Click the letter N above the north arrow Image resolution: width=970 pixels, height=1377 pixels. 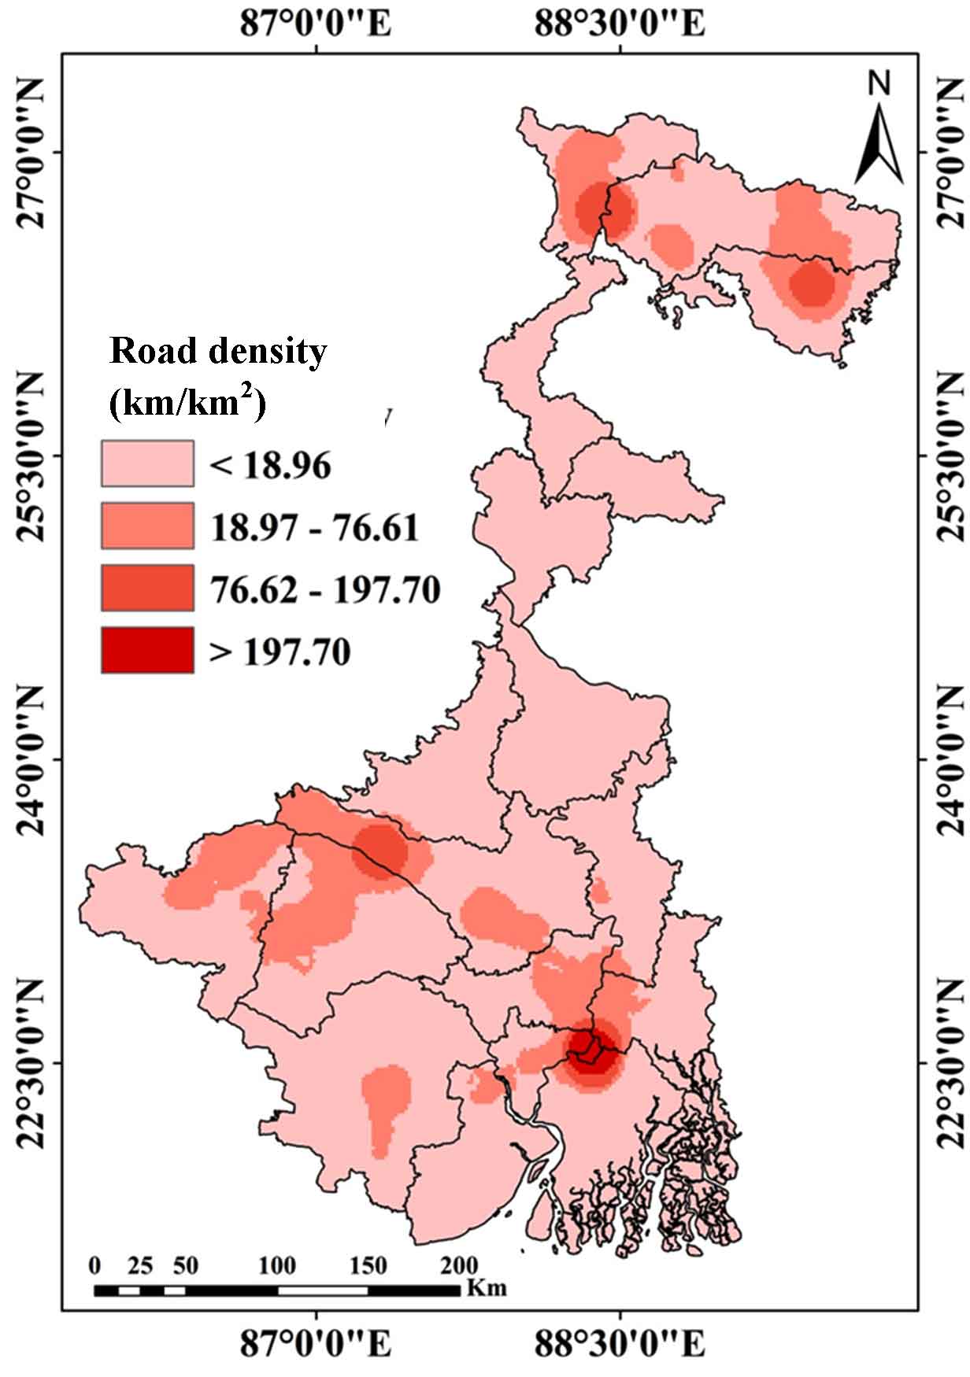tap(879, 83)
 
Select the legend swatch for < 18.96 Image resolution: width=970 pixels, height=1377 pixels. tap(147, 463)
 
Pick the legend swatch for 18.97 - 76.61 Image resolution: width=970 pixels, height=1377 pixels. tap(147, 526)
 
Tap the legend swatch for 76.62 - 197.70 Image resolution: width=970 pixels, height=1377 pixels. tap(147, 588)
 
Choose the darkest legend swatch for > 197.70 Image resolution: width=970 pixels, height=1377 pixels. tap(147, 650)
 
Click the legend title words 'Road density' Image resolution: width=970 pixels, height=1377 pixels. tap(218, 351)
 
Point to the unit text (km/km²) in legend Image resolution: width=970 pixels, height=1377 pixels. tap(187, 402)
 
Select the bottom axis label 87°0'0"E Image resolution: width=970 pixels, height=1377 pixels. tap(315, 1343)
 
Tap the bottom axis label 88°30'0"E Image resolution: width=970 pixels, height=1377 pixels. tap(620, 1343)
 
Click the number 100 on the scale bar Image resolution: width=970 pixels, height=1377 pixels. tap(277, 1265)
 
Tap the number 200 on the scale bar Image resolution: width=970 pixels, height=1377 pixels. tap(459, 1265)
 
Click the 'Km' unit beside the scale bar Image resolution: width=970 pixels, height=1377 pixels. tap(487, 1288)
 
